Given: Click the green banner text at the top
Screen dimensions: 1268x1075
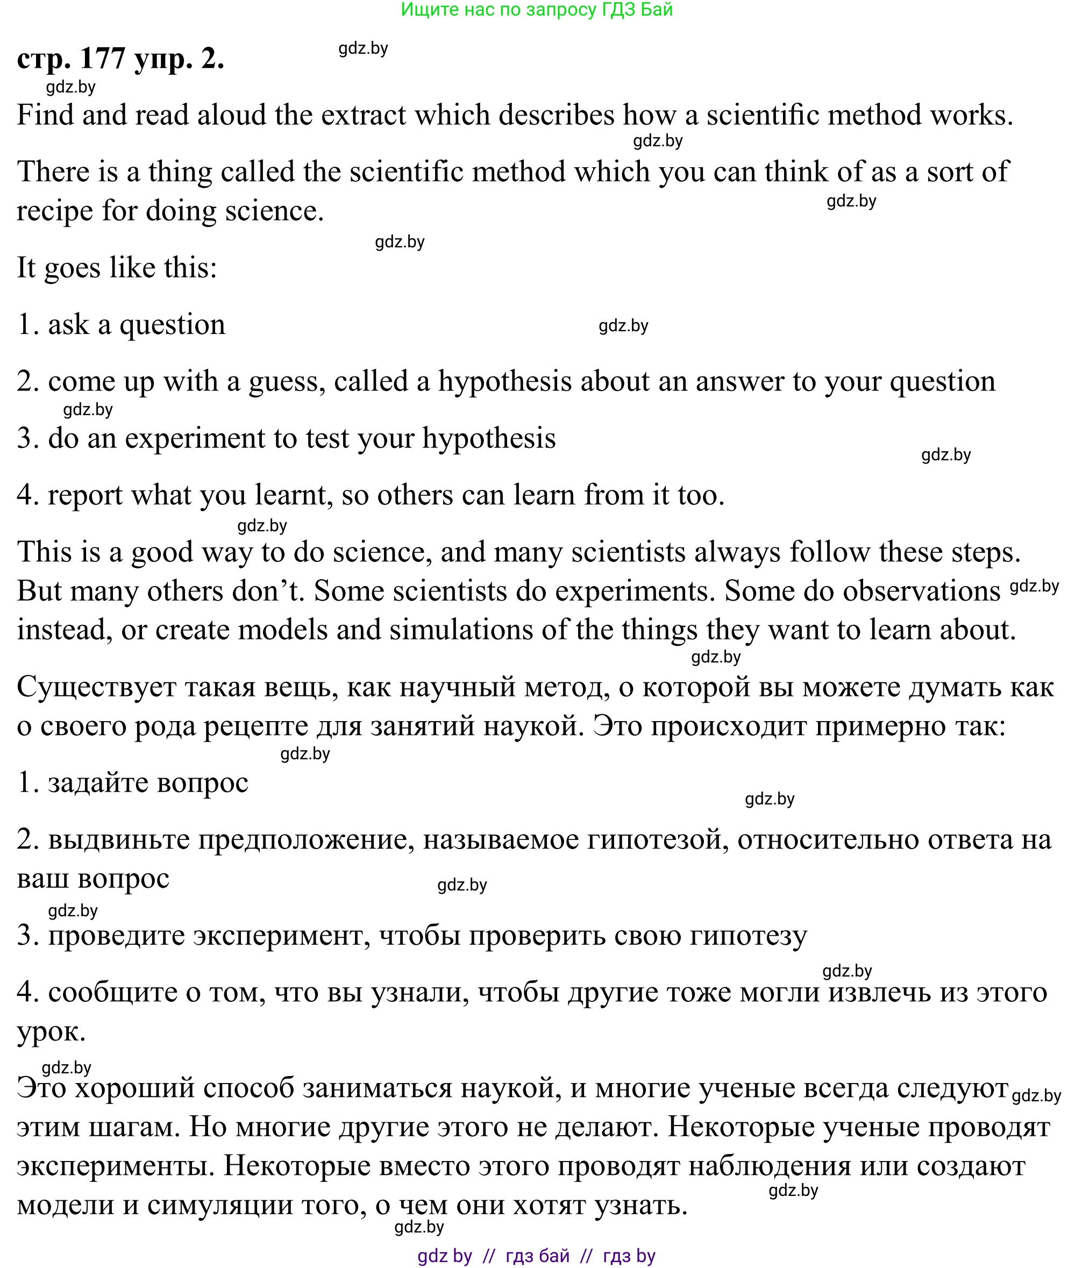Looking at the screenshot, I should tap(536, 10).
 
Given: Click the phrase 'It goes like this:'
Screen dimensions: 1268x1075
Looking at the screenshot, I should tap(116, 267).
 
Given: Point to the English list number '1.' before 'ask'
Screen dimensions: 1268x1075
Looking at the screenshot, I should tap(27, 324).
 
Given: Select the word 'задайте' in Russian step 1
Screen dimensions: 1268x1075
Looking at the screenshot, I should tap(98, 783).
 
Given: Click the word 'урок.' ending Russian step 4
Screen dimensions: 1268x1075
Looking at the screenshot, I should tap(51, 1031).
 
